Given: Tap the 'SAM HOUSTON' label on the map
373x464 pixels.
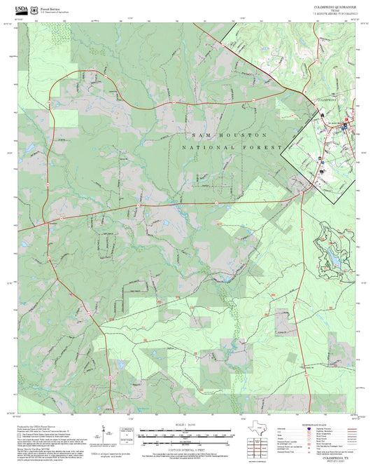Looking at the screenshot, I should click(228, 134).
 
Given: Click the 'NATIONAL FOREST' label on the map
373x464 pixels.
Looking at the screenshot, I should click(231, 148).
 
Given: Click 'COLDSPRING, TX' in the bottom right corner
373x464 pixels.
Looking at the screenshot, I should click(340, 455).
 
